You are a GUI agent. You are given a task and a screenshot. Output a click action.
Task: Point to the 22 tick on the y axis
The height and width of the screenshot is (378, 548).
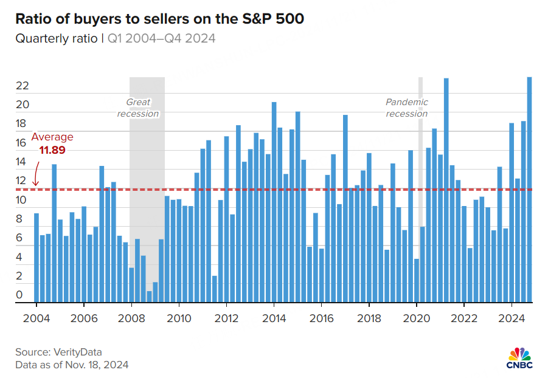(23, 86)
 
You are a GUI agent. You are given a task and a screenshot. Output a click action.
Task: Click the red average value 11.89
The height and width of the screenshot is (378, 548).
(52, 149)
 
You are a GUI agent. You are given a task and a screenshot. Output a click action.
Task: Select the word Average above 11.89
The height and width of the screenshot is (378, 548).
(52, 137)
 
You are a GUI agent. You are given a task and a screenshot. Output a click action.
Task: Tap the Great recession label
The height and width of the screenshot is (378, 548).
(138, 108)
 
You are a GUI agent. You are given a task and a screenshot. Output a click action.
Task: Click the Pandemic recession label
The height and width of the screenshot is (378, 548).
(407, 108)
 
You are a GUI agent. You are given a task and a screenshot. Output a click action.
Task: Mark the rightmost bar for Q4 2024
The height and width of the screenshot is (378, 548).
(529, 189)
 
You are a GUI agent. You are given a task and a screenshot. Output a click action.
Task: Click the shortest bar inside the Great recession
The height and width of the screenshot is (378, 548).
(149, 297)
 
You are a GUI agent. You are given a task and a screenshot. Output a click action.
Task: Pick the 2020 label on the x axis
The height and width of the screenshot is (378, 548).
(417, 317)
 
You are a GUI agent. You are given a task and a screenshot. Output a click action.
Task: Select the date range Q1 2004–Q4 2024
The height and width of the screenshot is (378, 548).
(162, 39)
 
